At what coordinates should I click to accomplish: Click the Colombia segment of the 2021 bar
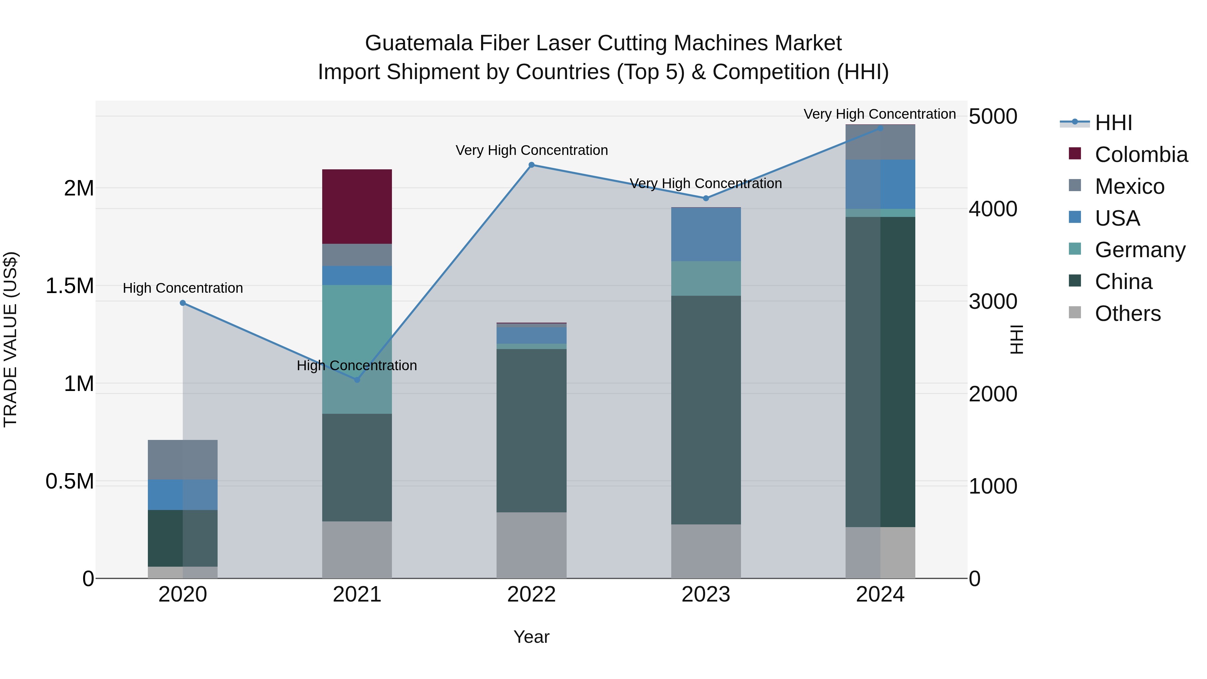pyautogui.click(x=357, y=206)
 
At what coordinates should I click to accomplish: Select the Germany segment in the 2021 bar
pyautogui.click(x=357, y=349)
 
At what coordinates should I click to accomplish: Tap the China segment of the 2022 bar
pyautogui.click(x=531, y=430)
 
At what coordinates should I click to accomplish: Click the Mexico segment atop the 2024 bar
pyautogui.click(x=880, y=143)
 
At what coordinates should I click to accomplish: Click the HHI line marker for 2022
pyautogui.click(x=531, y=165)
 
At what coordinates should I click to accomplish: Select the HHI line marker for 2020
pyautogui.click(x=183, y=303)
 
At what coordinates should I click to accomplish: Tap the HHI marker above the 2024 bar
pyautogui.click(x=880, y=128)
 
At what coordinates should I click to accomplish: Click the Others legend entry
pyautogui.click(x=1127, y=314)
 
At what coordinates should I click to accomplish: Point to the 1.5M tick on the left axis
pyautogui.click(x=69, y=286)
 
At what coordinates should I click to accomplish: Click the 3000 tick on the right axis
pyautogui.click(x=993, y=302)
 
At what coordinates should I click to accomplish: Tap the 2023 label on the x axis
pyautogui.click(x=706, y=595)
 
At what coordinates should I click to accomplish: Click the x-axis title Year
pyautogui.click(x=531, y=637)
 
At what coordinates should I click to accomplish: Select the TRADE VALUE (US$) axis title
pyautogui.click(x=10, y=339)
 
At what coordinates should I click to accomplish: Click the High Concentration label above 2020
pyautogui.click(x=183, y=288)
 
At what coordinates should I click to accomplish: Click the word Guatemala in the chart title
pyautogui.click(x=419, y=43)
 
